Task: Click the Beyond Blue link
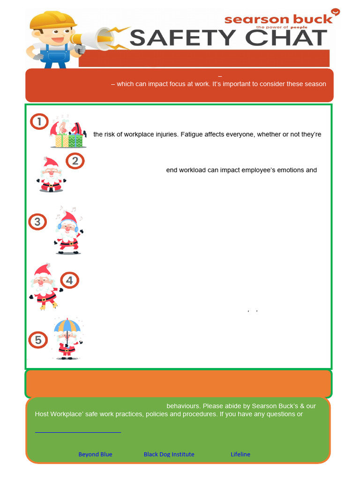[95, 454]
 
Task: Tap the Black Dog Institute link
[169, 454]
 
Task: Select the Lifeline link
[240, 454]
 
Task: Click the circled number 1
[39, 122]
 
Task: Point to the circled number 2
[75, 161]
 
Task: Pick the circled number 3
[37, 222]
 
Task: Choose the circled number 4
[69, 280]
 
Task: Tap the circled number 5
[38, 340]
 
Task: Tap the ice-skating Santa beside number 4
[44, 287]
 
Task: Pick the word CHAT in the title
[286, 37]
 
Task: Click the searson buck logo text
[278, 19]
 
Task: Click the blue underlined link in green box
[78, 431]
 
